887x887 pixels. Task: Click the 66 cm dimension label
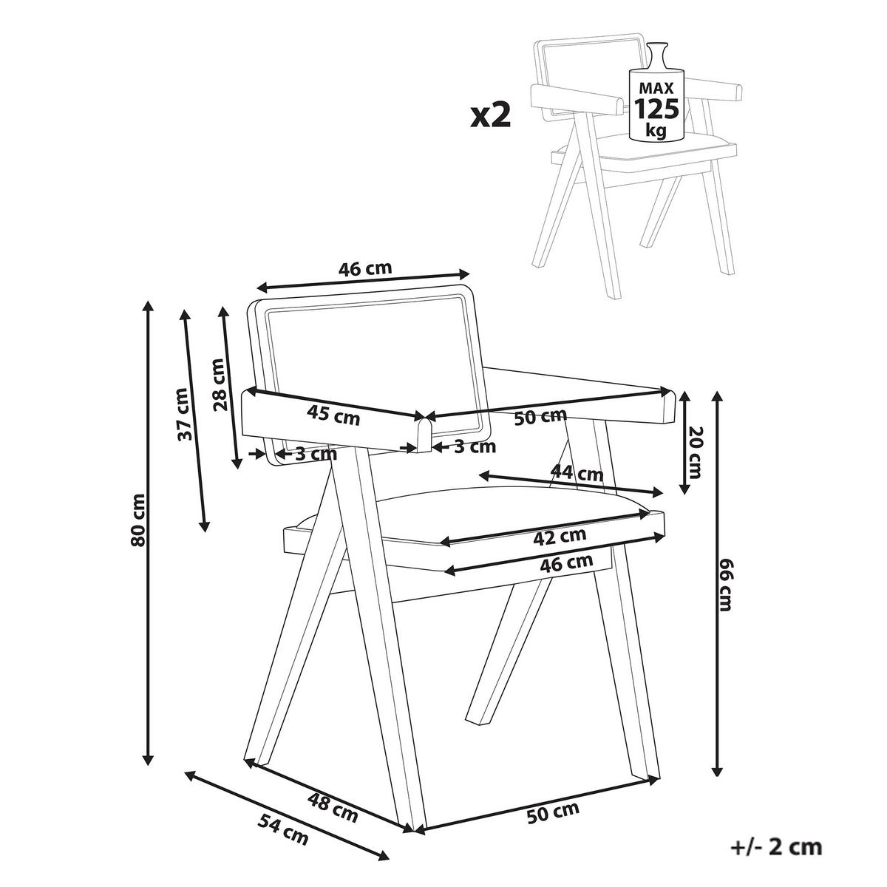point(727,586)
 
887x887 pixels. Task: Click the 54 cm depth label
point(283,829)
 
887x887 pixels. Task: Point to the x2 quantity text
point(491,116)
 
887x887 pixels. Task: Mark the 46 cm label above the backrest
point(365,268)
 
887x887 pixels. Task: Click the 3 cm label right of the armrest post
point(474,446)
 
